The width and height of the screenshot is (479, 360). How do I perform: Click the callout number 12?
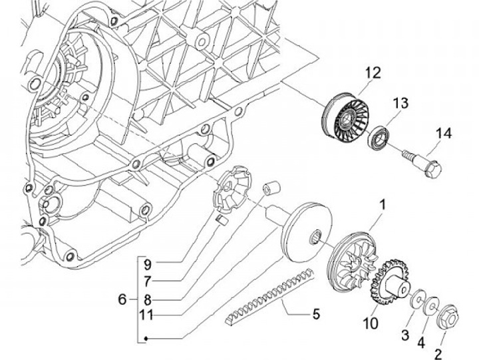[x=373, y=73]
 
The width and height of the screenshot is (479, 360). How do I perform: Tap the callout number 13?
[x=400, y=103]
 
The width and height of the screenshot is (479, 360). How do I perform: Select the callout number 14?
[x=444, y=133]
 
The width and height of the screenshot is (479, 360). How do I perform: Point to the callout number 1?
[x=382, y=205]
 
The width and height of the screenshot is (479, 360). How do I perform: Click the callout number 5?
[x=316, y=314]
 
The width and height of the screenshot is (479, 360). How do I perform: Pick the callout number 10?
[x=371, y=324]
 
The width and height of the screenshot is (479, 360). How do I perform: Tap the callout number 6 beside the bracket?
[x=122, y=299]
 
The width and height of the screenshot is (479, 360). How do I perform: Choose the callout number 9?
[x=148, y=264]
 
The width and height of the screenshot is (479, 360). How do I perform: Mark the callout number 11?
[x=146, y=315]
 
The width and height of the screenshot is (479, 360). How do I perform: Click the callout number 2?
[x=438, y=355]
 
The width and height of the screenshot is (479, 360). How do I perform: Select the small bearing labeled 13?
[x=378, y=136]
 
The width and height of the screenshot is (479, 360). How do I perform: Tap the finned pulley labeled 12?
[x=345, y=114]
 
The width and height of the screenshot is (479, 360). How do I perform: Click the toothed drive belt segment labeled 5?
[x=269, y=295]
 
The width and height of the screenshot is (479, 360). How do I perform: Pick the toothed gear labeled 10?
[x=389, y=281]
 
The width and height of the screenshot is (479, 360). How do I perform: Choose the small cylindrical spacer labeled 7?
[x=271, y=188]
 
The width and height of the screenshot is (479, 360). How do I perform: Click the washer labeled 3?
[x=418, y=299]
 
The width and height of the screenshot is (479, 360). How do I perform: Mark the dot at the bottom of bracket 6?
[x=146, y=338]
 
